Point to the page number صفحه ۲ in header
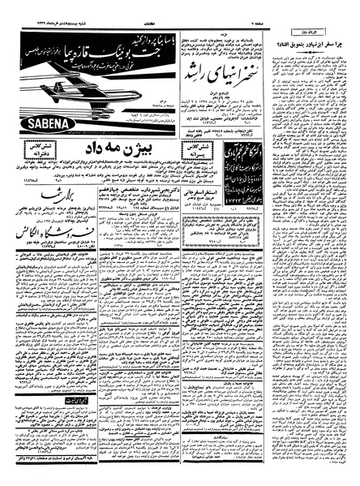pyautogui.click(x=341, y=7)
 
